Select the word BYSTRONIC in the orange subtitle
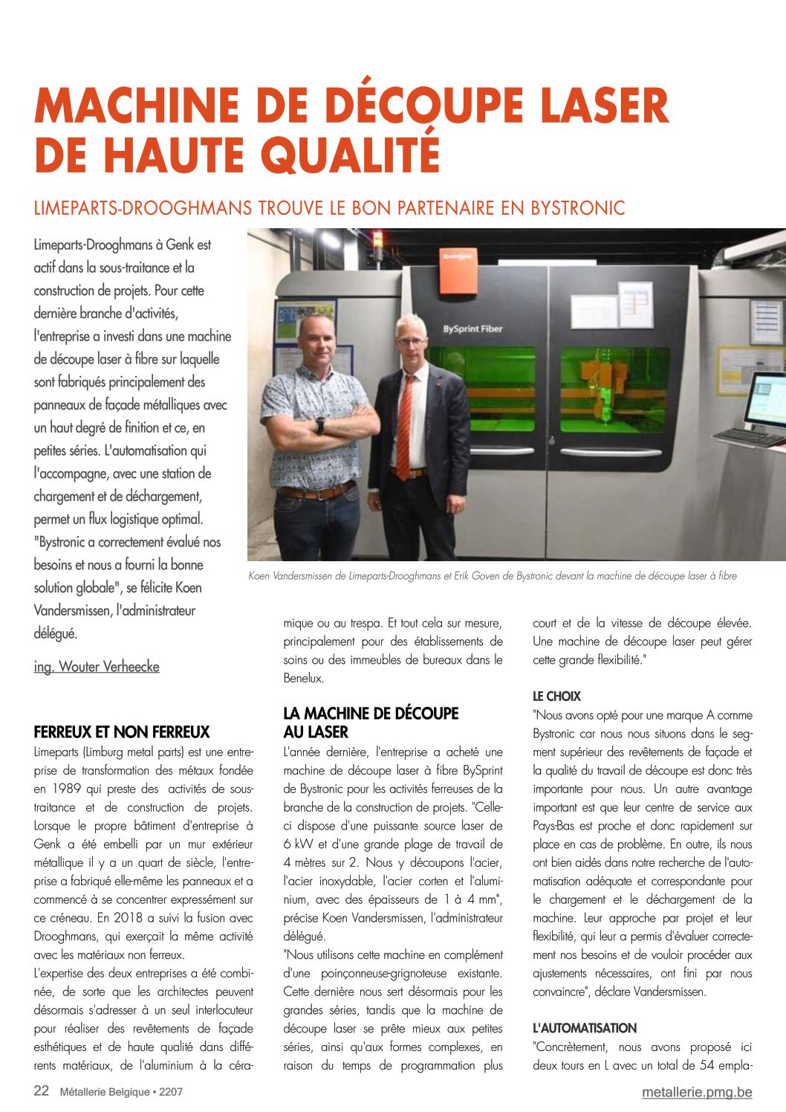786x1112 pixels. [x=577, y=208]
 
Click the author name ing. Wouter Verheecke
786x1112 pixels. [x=97, y=667]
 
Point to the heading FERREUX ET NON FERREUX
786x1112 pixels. [x=122, y=732]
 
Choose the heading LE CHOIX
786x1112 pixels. [x=556, y=696]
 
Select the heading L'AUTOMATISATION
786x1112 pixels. [x=585, y=1028]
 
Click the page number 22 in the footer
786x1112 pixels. [x=42, y=1091]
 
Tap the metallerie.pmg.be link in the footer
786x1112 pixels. [x=697, y=1092]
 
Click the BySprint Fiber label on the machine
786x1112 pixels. [x=472, y=329]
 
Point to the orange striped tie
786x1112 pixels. [x=404, y=427]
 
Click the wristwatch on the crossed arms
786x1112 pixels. [x=320, y=425]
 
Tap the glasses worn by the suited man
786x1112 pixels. [x=411, y=341]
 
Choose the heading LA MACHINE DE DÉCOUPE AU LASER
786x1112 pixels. [x=371, y=723]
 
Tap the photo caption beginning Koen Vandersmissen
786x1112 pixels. [x=493, y=576]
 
